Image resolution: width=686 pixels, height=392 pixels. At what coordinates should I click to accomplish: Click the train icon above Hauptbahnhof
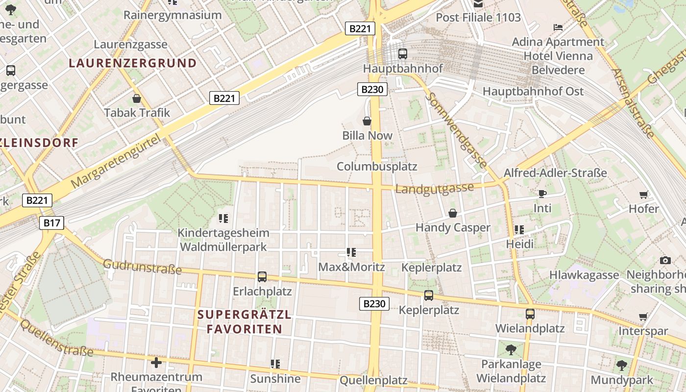point(402,53)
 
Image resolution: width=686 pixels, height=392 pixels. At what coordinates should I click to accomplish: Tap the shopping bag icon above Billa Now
point(367,121)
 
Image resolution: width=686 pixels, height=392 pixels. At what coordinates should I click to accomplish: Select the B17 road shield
point(51,223)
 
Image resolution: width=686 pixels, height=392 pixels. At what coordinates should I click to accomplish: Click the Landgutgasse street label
point(435,188)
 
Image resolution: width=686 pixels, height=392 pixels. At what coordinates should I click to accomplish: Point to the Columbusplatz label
point(377,166)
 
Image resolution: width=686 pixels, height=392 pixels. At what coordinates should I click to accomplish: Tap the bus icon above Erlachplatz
point(262,277)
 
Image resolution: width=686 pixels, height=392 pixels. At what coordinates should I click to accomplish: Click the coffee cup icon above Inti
point(542,194)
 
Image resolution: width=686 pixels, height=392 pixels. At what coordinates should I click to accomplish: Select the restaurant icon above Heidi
point(519,229)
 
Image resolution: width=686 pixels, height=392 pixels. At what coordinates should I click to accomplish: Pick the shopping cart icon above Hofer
point(644,195)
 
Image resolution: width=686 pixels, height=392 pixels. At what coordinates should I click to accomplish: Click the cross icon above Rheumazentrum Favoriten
point(156,363)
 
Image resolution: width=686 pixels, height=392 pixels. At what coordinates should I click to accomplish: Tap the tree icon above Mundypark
point(622,365)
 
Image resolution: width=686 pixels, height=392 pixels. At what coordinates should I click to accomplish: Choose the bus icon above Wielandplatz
point(530,314)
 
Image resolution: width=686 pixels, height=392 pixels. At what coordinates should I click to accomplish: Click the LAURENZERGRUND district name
point(133,63)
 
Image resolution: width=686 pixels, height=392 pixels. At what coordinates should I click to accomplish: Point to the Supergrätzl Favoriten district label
point(245,321)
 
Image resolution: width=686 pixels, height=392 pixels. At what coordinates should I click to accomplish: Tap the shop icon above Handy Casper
point(453,213)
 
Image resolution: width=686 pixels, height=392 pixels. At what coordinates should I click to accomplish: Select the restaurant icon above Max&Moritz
point(351,252)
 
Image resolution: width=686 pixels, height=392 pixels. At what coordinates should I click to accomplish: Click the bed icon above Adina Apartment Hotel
point(558,27)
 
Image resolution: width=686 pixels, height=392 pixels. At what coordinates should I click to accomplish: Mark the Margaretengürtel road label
point(116,162)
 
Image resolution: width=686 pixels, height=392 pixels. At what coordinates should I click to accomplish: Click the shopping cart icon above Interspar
point(643,317)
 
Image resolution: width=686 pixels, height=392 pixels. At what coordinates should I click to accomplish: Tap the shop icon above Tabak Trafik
point(137,98)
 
